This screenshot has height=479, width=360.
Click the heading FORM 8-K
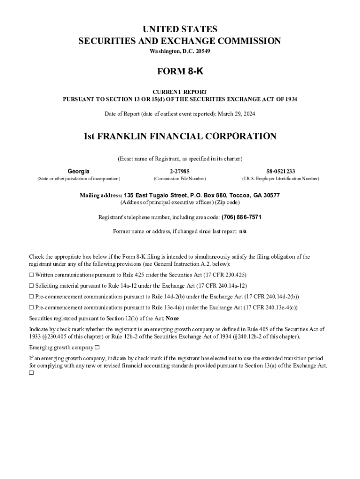tap(180, 72)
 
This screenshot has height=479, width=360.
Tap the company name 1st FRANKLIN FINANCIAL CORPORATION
tap(180, 136)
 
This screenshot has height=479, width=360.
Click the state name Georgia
tap(79, 171)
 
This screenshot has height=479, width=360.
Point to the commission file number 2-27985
tap(180, 171)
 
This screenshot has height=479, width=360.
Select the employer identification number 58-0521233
tap(281, 171)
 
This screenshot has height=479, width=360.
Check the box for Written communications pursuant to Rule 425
tap(31, 275)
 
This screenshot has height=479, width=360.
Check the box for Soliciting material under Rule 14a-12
tap(31, 285)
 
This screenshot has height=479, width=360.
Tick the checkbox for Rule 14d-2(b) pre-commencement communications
tap(31, 297)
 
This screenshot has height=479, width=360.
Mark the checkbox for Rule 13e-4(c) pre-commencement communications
tap(31, 307)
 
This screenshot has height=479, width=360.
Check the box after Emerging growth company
tap(97, 348)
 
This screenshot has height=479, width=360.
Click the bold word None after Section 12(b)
tap(173, 318)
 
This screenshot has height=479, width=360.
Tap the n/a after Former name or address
tap(243, 232)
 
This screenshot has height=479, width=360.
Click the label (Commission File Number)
tap(180, 179)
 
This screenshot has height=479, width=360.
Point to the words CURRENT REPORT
tap(180, 92)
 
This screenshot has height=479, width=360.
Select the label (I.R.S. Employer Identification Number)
tap(281, 179)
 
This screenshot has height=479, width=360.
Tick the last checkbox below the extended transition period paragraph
tap(31, 373)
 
